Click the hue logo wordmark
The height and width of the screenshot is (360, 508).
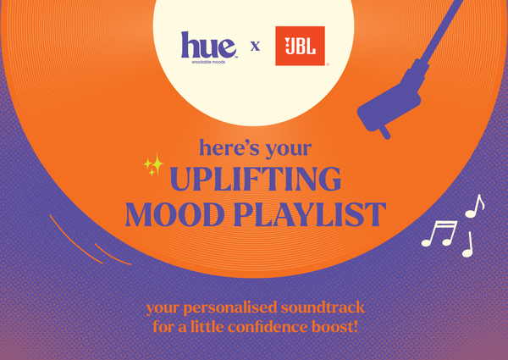pos(208,45)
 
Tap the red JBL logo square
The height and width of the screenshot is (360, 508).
pos(300,46)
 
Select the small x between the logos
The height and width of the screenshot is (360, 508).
pos(255,46)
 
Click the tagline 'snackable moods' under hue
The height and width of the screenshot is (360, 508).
pos(208,62)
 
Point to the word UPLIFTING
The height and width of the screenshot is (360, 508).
pos(256,179)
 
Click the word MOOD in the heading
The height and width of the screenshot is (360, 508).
pos(175,214)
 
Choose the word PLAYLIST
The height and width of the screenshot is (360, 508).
pos(310,214)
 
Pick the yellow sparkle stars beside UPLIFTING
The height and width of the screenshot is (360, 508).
pos(154,164)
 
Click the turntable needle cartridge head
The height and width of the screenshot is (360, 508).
pos(389,107)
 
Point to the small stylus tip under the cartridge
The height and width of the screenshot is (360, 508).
pos(384,132)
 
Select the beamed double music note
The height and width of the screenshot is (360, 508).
pos(440,233)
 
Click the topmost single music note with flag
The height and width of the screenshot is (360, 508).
pos(475,207)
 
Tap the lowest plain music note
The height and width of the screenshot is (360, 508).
pos(468,245)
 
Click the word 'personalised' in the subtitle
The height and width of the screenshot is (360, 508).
pos(230,307)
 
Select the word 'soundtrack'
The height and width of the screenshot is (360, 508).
pos(323,307)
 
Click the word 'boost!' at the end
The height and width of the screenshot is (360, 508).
pos(335,327)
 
